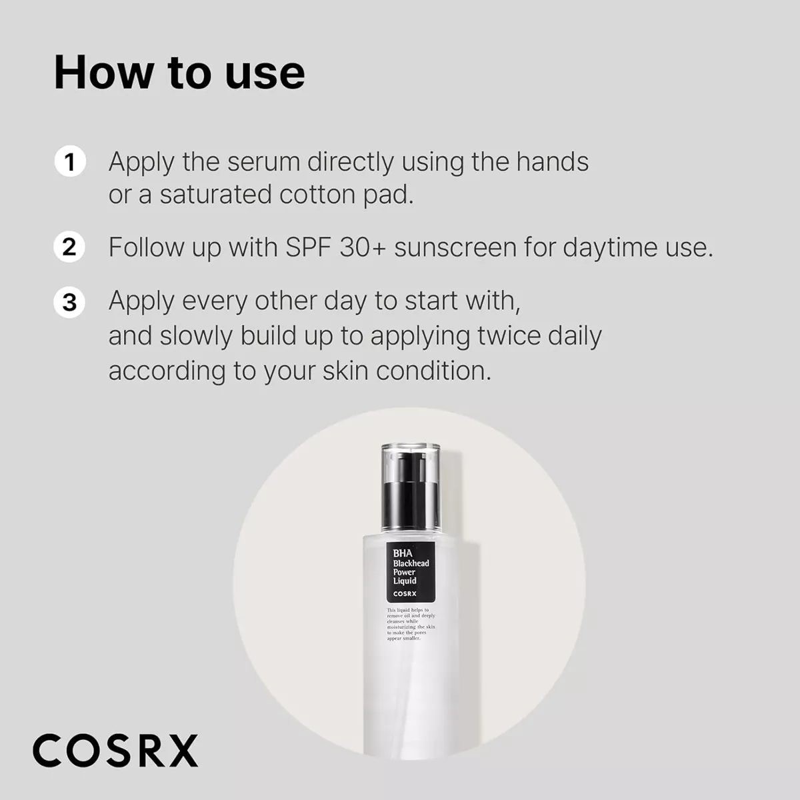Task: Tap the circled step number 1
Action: [70, 162]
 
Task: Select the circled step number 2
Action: [70, 247]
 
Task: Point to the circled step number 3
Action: [70, 302]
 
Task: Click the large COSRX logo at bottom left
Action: [115, 751]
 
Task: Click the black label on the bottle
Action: [411, 572]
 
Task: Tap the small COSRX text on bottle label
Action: [405, 593]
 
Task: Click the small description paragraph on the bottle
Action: [411, 624]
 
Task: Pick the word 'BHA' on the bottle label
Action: [403, 553]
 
